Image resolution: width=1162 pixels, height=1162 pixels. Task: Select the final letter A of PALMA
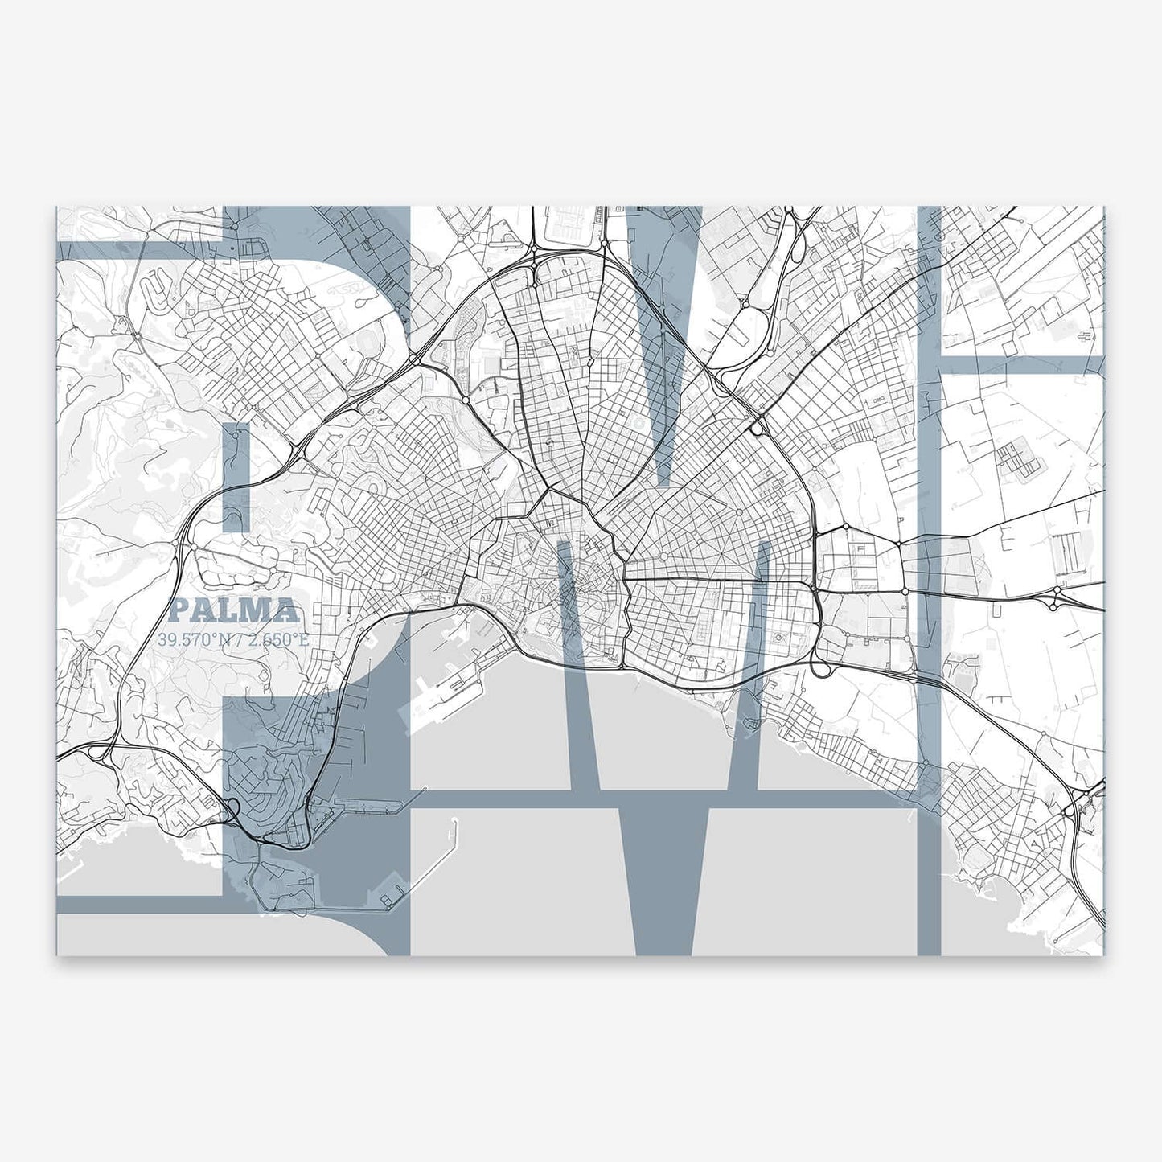pyautogui.click(x=285, y=611)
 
